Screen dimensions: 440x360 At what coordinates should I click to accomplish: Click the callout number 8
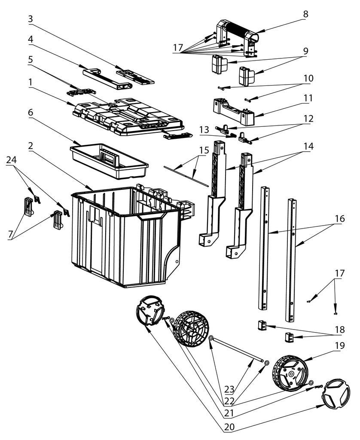(x=305, y=14)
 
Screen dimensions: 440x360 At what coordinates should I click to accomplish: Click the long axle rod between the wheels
(x=238, y=350)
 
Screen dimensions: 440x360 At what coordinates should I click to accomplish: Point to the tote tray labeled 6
(x=110, y=161)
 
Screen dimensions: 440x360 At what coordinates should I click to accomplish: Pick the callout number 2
(x=31, y=146)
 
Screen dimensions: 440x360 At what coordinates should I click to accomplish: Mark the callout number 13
(x=204, y=129)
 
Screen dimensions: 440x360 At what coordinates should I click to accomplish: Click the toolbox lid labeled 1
(x=129, y=116)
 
